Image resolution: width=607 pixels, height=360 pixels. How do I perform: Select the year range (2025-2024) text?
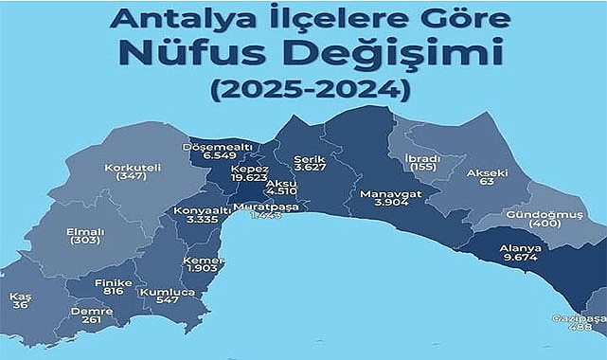coord(302,91)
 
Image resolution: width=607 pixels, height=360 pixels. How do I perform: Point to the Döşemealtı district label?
coord(215,148)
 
